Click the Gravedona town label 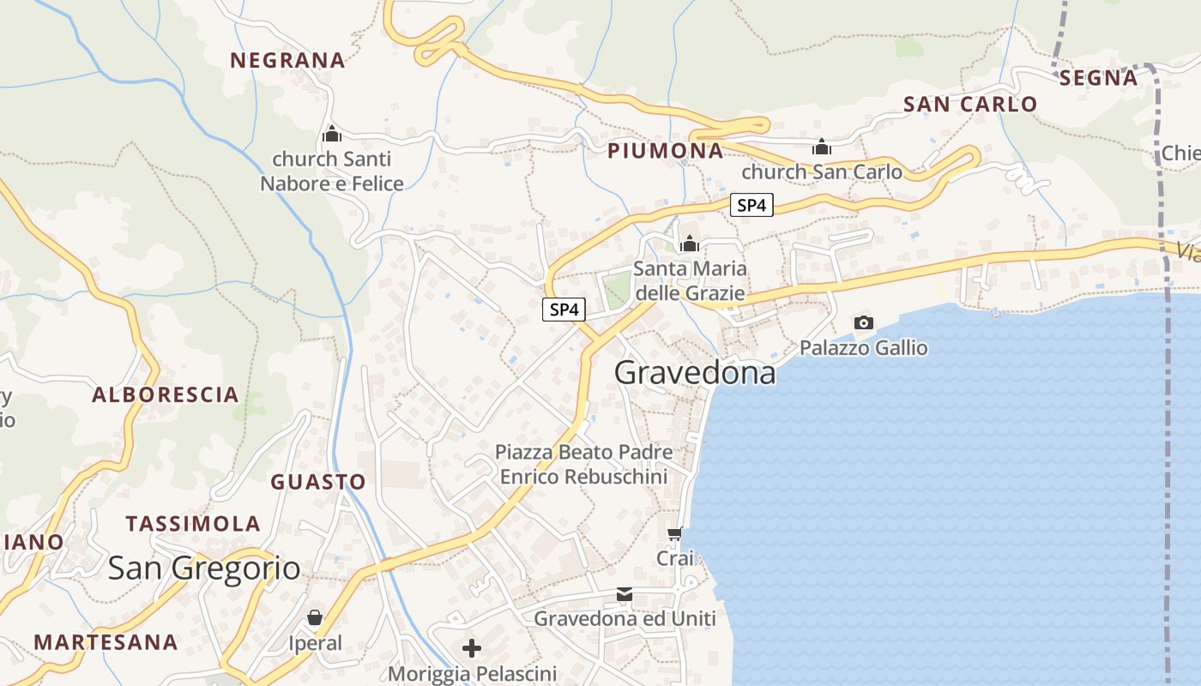coord(695,372)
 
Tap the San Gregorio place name coord(204,568)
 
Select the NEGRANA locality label coord(287,60)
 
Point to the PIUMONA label coord(666,151)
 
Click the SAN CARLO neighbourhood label coord(970,105)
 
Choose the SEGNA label coord(1099,78)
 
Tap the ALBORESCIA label coord(166,394)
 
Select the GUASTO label coord(318,482)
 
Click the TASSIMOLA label coord(193,524)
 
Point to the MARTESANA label coord(106,641)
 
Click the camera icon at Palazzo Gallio coord(864,322)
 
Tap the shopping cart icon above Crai coord(675,534)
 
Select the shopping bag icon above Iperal coord(315,617)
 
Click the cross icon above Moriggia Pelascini coord(472,647)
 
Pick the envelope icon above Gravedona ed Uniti coord(625,594)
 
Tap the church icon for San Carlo coord(822,147)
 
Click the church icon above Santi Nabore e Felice coord(332,134)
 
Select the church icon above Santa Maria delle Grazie coord(690,244)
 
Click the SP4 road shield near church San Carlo coord(751,205)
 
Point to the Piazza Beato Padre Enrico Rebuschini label coord(583,464)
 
